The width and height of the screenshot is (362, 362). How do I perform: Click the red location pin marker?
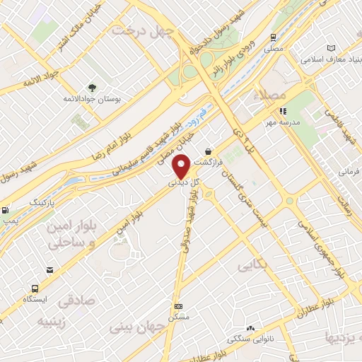[x=181, y=167]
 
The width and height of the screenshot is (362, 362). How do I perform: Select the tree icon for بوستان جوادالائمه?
[x=92, y=88]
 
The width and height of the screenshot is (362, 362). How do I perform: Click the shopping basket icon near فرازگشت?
[x=208, y=151]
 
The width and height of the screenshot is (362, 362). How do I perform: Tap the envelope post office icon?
[x=49, y=270]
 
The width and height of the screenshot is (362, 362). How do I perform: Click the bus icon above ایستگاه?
[x=34, y=288]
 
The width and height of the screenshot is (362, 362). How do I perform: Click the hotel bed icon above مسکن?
[x=178, y=306]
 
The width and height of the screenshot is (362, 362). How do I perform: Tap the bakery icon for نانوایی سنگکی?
[x=250, y=328]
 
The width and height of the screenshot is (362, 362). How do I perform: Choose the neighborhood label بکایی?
[x=253, y=267]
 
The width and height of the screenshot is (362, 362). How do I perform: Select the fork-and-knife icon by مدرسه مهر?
[x=283, y=110]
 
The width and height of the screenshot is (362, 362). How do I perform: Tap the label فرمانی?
[x=349, y=171]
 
